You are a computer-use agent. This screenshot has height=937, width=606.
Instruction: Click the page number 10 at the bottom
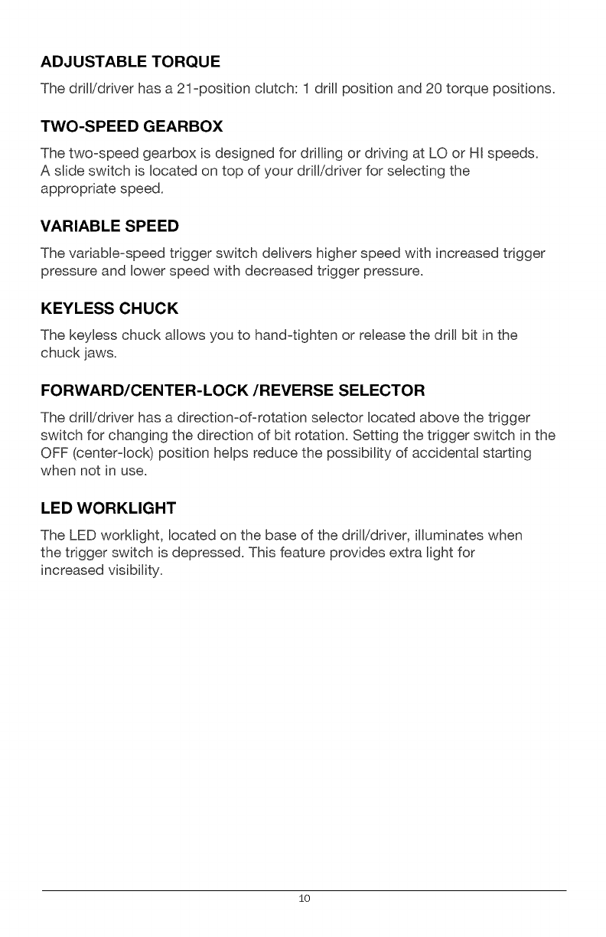pos(304,899)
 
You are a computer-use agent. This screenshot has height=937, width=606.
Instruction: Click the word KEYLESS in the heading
pos(75,309)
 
